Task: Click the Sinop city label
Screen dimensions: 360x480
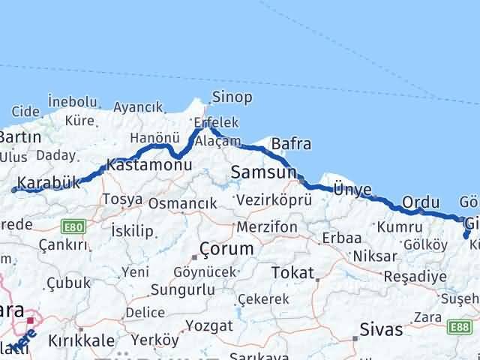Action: tap(232, 97)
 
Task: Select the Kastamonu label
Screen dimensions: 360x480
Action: tap(145, 164)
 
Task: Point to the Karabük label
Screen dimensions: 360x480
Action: tap(48, 183)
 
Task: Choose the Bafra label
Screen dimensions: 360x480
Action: tap(291, 144)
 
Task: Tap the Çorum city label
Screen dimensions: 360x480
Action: tap(226, 248)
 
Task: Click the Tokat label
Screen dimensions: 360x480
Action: tap(292, 271)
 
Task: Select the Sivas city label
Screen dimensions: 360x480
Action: tap(381, 329)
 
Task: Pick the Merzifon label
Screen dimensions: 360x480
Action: tap(266, 226)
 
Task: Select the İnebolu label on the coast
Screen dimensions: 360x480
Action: tap(73, 101)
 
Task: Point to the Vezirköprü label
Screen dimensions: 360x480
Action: tap(273, 200)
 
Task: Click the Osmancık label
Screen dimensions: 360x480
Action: tap(182, 202)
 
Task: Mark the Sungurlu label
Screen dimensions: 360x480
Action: tap(183, 289)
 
